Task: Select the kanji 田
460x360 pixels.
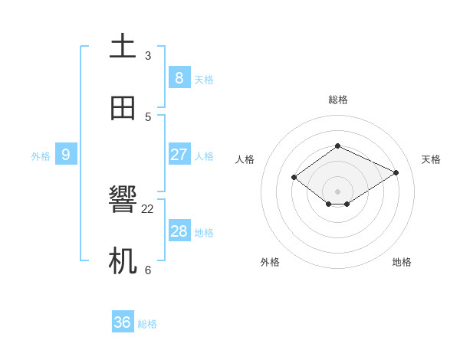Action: [123, 108]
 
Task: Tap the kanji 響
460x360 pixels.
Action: [123, 201]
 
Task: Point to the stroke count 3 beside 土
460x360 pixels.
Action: [148, 55]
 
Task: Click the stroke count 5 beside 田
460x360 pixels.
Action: [148, 117]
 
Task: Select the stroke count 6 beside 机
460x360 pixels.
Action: [148, 270]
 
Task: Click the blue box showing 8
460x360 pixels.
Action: [179, 77]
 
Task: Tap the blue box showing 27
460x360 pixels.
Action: [179, 155]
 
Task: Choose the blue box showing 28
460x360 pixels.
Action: [179, 231]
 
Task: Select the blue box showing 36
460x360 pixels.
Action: [123, 322]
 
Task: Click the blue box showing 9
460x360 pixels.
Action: [66, 155]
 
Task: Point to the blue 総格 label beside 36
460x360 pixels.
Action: [147, 324]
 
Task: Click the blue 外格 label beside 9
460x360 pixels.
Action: [41, 156]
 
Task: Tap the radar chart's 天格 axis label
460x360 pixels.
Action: [431, 159]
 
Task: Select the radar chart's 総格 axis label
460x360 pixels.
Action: [338, 100]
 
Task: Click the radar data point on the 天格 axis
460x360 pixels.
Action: [396, 172]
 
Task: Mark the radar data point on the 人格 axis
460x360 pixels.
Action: [294, 178]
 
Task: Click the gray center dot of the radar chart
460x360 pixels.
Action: [338, 191]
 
